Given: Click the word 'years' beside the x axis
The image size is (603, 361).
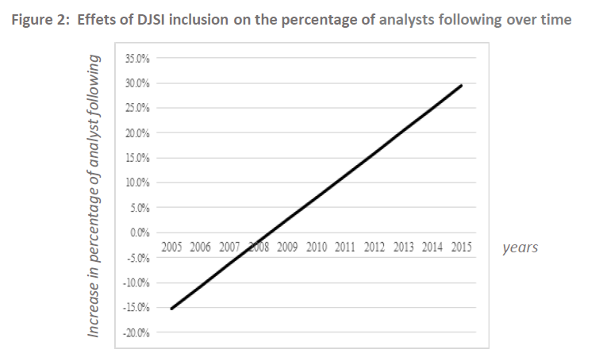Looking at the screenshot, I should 520,248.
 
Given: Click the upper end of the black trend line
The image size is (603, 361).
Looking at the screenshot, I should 461,85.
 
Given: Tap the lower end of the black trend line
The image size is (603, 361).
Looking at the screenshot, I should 171,309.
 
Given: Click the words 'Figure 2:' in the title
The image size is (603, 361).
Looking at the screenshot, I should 40,20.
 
